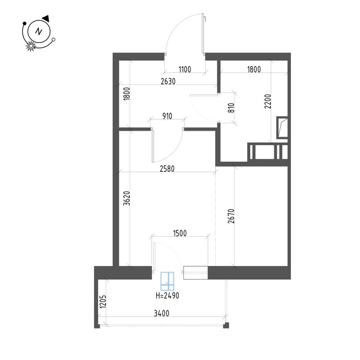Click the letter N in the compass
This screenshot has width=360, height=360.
38,31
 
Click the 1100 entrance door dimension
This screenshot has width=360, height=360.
184,70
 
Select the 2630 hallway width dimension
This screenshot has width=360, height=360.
168,81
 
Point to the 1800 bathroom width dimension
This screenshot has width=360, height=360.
254,70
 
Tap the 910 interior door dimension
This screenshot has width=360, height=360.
166,116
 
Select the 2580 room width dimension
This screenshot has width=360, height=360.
167,169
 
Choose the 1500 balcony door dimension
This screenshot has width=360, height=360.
180,234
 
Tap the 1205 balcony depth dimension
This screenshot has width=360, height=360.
103,304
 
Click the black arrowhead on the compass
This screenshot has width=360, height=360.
46,18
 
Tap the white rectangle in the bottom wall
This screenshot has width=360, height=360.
196,273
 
